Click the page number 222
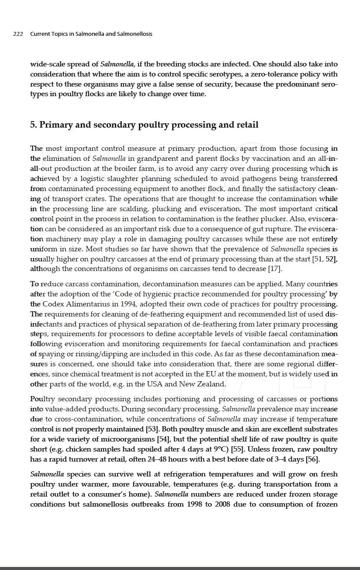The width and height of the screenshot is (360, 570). coord(18,34)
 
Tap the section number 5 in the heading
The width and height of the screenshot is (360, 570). coord(33,125)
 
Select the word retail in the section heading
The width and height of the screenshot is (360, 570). coord(247,125)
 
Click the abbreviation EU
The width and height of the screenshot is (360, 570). coord(211,374)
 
